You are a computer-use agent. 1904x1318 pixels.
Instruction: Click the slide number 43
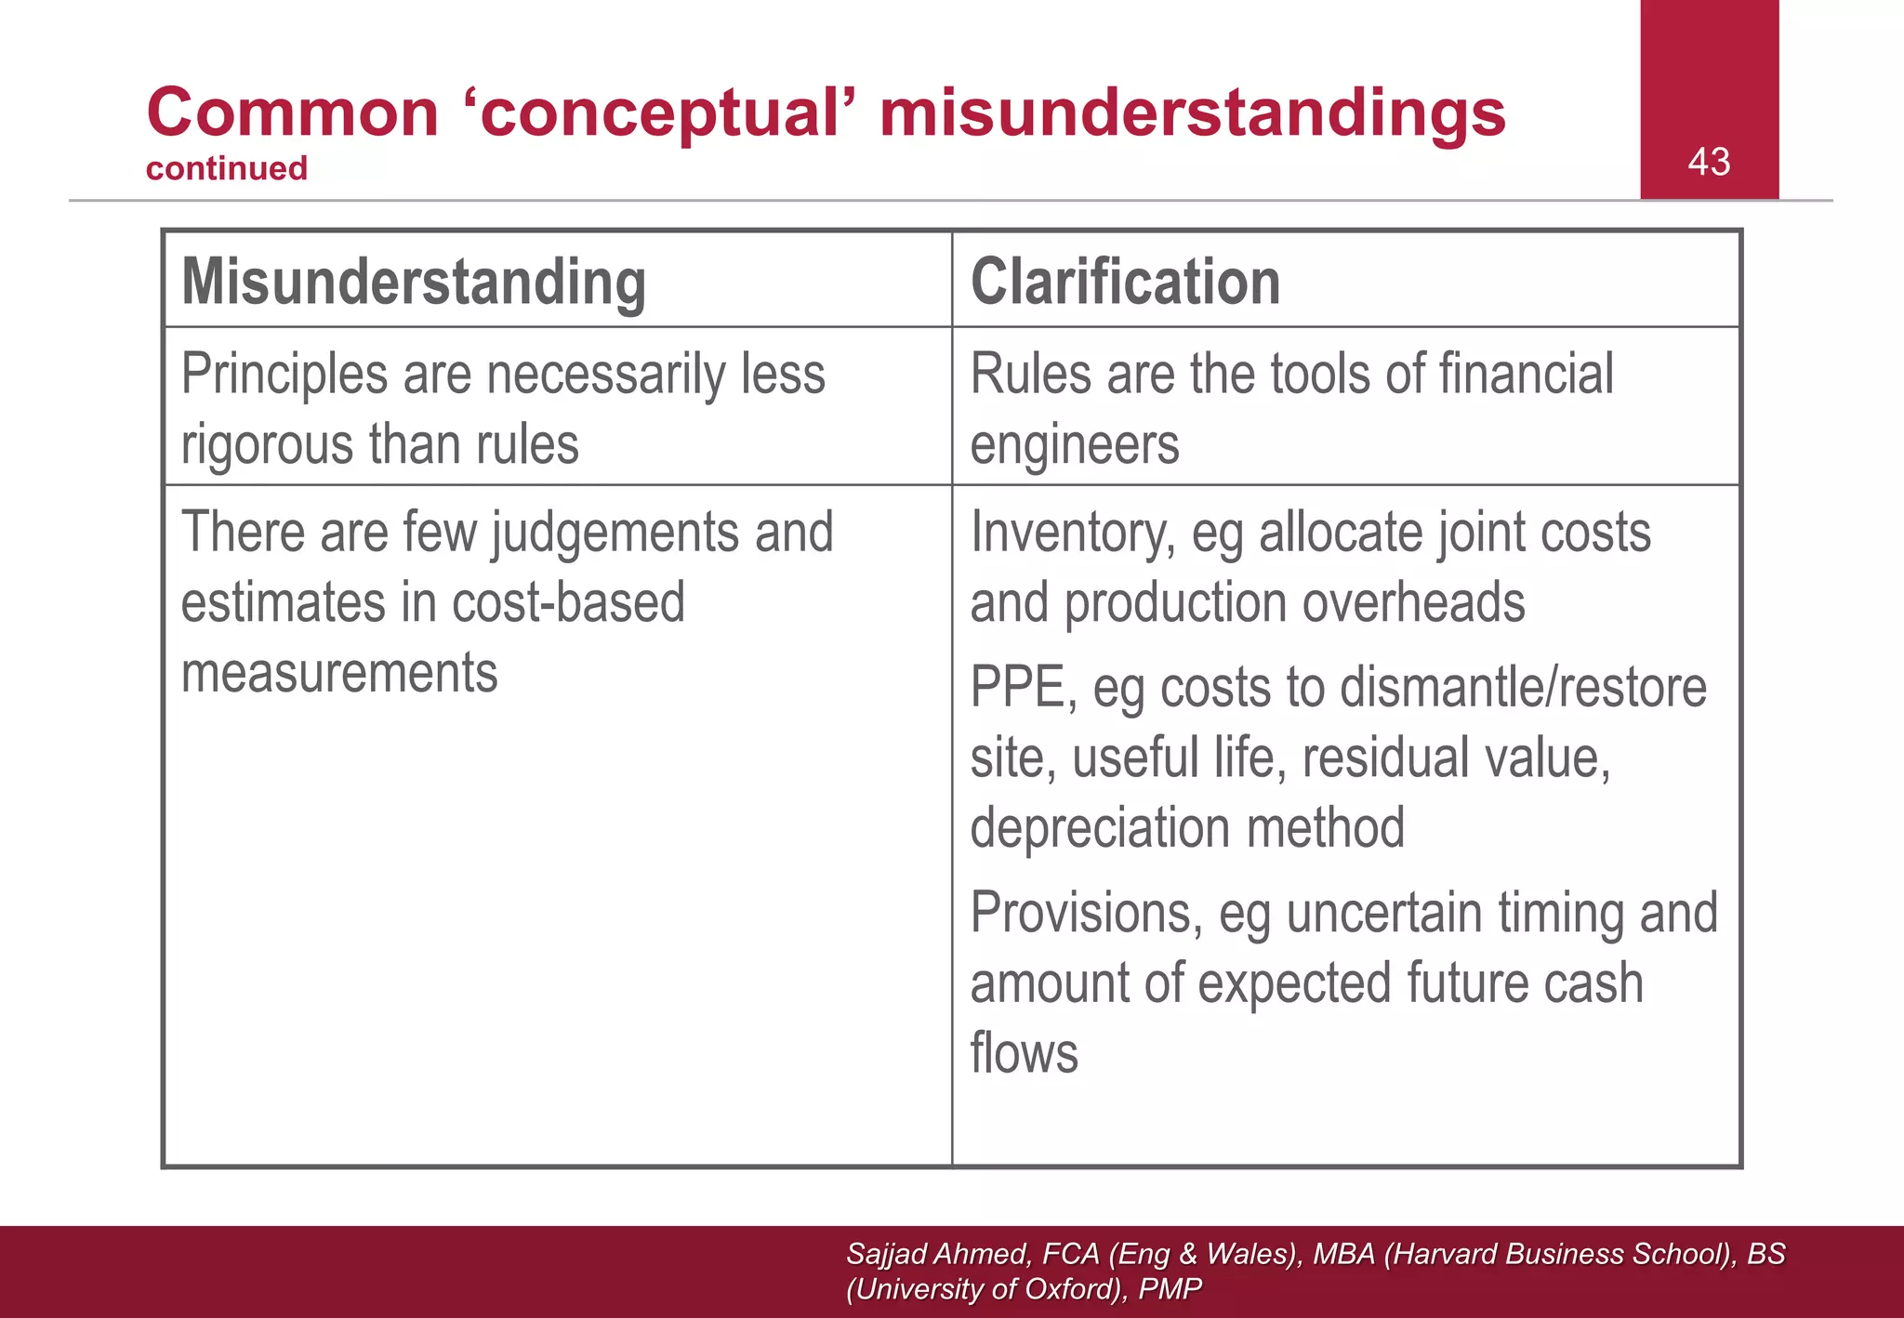click(x=1709, y=162)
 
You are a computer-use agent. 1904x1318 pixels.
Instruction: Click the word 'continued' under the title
click(x=227, y=168)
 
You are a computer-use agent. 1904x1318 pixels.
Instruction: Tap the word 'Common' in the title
click(x=293, y=112)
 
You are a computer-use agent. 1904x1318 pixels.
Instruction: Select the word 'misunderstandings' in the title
click(x=1192, y=112)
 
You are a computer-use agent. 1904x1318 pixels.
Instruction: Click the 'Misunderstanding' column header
click(x=414, y=282)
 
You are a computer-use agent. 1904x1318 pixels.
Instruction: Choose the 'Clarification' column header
click(x=1125, y=282)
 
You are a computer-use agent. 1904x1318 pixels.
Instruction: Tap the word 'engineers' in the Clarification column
click(x=1075, y=444)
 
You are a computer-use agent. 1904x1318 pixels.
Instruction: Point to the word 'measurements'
click(x=339, y=672)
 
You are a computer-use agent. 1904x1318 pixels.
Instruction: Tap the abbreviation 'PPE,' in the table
click(x=1024, y=688)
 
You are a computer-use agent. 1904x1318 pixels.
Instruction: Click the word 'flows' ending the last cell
click(x=1024, y=1053)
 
